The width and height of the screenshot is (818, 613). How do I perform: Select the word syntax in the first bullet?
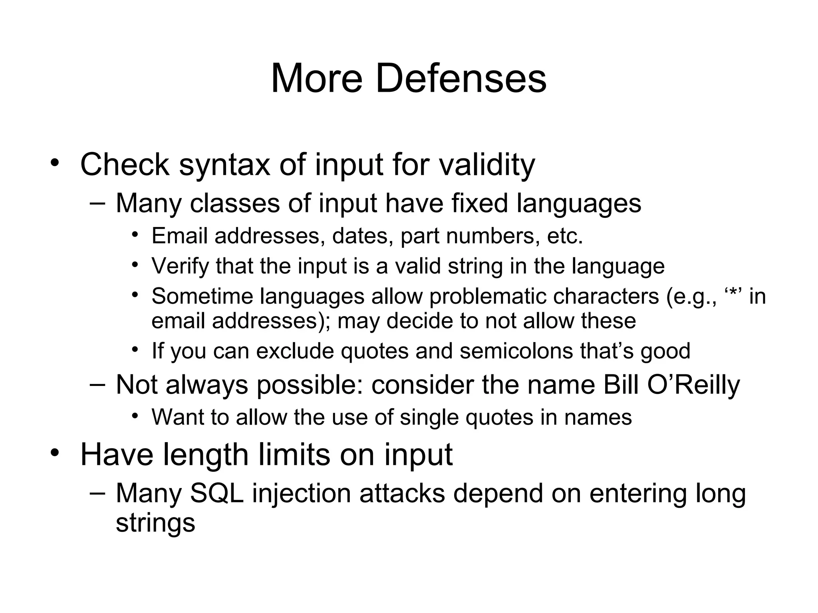[224, 165]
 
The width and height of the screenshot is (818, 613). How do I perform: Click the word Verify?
[180, 266]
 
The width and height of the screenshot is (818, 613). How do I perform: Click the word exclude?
[294, 351]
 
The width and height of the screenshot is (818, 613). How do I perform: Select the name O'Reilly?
[693, 385]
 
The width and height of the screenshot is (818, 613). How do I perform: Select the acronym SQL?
[216, 493]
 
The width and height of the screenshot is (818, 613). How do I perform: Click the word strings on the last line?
[155, 523]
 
